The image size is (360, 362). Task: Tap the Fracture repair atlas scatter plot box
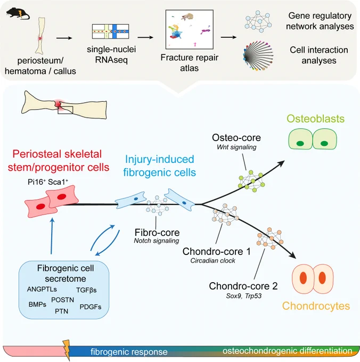[x=190, y=29]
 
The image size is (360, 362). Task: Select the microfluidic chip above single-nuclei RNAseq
[x=110, y=31]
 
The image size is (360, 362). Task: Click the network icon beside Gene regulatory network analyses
[x=258, y=21]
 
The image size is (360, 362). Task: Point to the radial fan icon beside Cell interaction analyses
[x=258, y=56]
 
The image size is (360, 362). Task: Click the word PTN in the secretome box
[x=61, y=311]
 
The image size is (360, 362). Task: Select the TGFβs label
[x=86, y=290]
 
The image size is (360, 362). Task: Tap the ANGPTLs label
[x=42, y=289]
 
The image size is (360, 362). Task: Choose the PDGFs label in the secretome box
[x=91, y=307]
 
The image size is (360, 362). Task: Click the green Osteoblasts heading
[x=315, y=119]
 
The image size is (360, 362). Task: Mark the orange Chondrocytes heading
[x=316, y=306]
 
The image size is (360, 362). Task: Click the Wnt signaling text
[x=236, y=147]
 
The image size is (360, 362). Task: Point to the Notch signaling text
[x=157, y=241]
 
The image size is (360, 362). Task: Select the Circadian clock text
[x=212, y=261]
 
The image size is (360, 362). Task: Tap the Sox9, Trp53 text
[x=243, y=296]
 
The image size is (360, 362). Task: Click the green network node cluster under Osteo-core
[x=251, y=181]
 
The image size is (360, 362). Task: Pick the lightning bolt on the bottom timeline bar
[x=67, y=350]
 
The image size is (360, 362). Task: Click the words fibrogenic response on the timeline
[x=129, y=352]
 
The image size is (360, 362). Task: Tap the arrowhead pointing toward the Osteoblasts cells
[x=281, y=163]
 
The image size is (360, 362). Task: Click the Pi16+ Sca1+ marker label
[x=48, y=182]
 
